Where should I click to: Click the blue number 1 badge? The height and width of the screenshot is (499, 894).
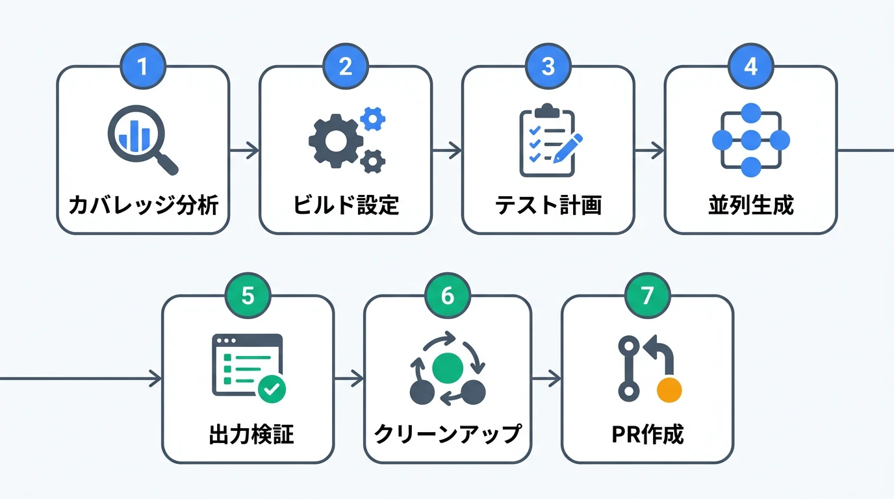pyautogui.click(x=143, y=66)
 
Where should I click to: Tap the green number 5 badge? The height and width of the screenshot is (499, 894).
pyautogui.click(x=248, y=296)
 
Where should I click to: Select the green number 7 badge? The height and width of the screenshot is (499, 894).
pyautogui.click(x=647, y=296)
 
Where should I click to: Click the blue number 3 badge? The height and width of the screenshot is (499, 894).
pyautogui.click(x=548, y=66)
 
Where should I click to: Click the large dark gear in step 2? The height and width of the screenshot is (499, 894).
pyautogui.click(x=332, y=142)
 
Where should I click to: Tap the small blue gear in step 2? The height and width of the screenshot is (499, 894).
pyautogui.click(x=372, y=118)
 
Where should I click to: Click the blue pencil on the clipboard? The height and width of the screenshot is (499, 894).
pyautogui.click(x=569, y=146)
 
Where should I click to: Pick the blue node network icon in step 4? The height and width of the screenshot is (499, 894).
pyautogui.click(x=750, y=140)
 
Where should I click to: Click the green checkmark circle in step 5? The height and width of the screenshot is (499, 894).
pyautogui.click(x=272, y=389)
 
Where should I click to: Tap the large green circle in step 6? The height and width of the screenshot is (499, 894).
pyautogui.click(x=448, y=367)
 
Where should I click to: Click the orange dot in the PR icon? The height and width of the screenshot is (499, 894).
pyautogui.click(x=669, y=390)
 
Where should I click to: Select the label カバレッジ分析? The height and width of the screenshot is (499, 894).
pyautogui.click(x=143, y=205)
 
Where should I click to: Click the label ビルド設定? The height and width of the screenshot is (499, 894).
pyautogui.click(x=346, y=205)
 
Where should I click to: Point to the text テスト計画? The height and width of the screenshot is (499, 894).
pyautogui.click(x=548, y=205)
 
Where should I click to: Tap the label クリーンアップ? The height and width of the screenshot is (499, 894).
pyautogui.click(x=448, y=434)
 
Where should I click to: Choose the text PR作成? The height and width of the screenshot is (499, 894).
pyautogui.click(x=647, y=434)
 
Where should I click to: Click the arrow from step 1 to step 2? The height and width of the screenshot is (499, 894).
pyautogui.click(x=244, y=151)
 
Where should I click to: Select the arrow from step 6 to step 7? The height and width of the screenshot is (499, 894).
pyautogui.click(x=546, y=378)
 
